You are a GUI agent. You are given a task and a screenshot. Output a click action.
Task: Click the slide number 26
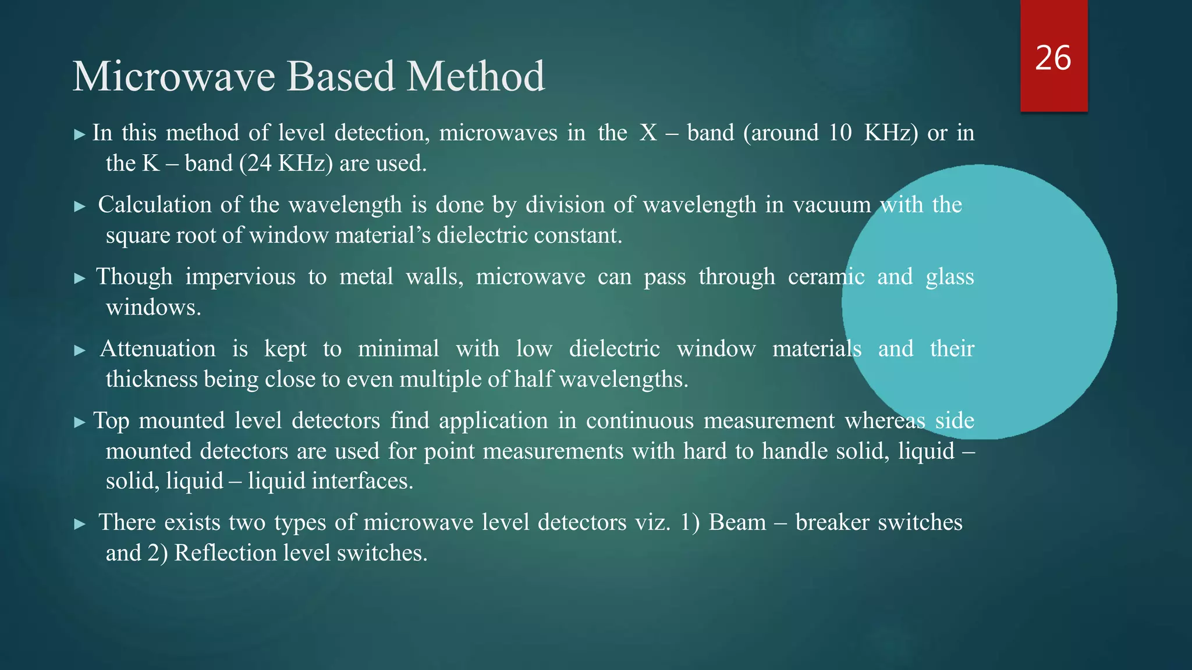pos(1053,58)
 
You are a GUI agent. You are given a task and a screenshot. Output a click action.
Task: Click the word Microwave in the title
pos(174,77)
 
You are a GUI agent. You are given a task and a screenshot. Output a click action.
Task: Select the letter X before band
pos(648,133)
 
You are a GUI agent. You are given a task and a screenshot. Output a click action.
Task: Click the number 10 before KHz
pos(840,133)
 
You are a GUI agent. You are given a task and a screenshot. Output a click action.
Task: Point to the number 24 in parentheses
pos(259,163)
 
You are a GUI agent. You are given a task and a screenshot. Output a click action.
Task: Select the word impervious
pos(240,277)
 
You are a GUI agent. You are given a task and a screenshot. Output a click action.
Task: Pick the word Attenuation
pos(158,349)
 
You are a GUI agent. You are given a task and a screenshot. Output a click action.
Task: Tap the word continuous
pos(640,420)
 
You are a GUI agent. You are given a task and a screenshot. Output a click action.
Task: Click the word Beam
pos(737,522)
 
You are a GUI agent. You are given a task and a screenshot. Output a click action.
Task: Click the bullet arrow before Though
pos(80,279)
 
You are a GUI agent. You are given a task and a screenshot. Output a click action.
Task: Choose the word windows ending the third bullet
pos(152,307)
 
